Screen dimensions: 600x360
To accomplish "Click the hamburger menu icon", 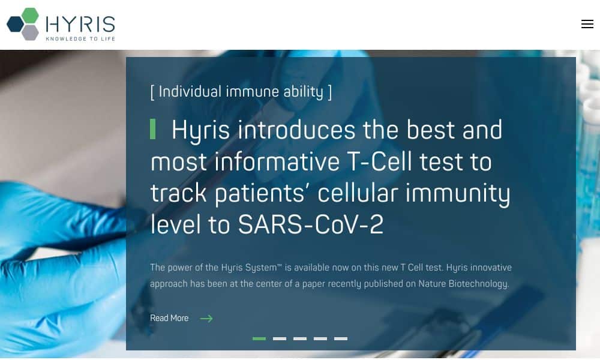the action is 587,24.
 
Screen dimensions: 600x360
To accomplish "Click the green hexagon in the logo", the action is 30,16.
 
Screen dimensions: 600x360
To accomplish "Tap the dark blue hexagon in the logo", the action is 16,24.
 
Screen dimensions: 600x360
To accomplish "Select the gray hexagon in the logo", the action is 30,32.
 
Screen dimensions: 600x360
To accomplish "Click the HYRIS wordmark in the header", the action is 80,24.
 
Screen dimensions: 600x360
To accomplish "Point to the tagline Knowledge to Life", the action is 80,38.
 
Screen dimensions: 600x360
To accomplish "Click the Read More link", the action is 169,318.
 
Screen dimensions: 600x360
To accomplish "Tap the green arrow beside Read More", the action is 206,318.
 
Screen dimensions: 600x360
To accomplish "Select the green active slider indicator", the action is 259,338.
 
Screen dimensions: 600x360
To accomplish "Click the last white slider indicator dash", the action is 341,338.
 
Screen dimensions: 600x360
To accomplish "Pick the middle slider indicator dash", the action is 300,338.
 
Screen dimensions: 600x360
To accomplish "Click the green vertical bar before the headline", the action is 152,129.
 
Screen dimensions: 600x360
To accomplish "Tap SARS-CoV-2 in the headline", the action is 310,224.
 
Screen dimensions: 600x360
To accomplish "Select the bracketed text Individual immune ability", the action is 241,92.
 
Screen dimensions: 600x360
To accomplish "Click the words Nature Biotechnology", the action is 463,284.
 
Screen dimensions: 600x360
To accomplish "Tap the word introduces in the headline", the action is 297,130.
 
